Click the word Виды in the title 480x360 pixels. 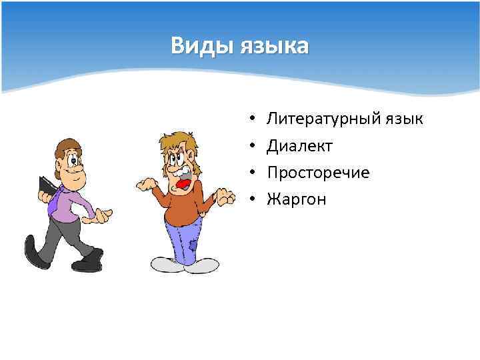click(x=198, y=47)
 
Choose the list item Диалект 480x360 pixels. click(x=299, y=145)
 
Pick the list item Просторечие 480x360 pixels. click(x=318, y=172)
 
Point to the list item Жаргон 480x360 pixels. click(x=297, y=199)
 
